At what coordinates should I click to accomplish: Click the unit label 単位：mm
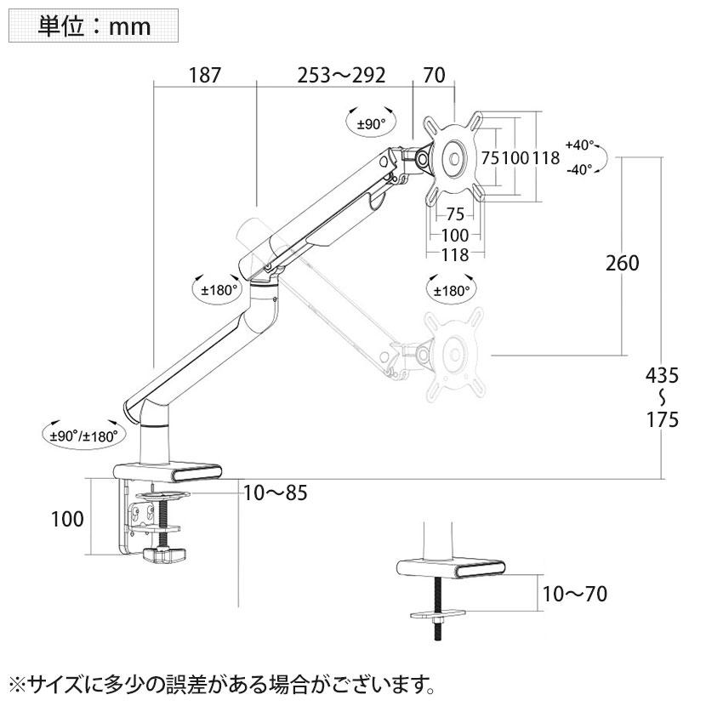(x=94, y=26)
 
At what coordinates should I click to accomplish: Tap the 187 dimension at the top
(x=205, y=75)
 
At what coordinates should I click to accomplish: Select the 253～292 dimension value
(x=341, y=75)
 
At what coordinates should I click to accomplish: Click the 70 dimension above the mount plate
(x=434, y=75)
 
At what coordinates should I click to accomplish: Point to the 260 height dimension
(x=623, y=263)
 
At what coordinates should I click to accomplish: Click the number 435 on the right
(x=662, y=375)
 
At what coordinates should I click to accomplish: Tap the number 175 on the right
(x=663, y=419)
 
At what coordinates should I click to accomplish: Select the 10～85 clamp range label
(x=275, y=492)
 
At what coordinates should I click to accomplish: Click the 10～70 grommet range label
(x=574, y=594)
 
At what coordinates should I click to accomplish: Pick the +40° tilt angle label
(x=580, y=145)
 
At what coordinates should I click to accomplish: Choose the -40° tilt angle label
(x=579, y=170)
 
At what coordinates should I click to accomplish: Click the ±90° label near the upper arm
(x=372, y=124)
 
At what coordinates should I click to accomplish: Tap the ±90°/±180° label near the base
(x=83, y=436)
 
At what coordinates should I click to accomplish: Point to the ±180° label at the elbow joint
(x=219, y=290)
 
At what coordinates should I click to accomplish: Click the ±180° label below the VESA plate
(x=452, y=291)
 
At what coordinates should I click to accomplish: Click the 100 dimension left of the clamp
(x=67, y=519)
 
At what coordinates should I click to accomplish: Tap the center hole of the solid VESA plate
(x=455, y=158)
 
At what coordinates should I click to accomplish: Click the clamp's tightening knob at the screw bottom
(x=164, y=555)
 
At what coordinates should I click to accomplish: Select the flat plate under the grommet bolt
(x=438, y=613)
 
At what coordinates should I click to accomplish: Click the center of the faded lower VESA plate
(x=455, y=355)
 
